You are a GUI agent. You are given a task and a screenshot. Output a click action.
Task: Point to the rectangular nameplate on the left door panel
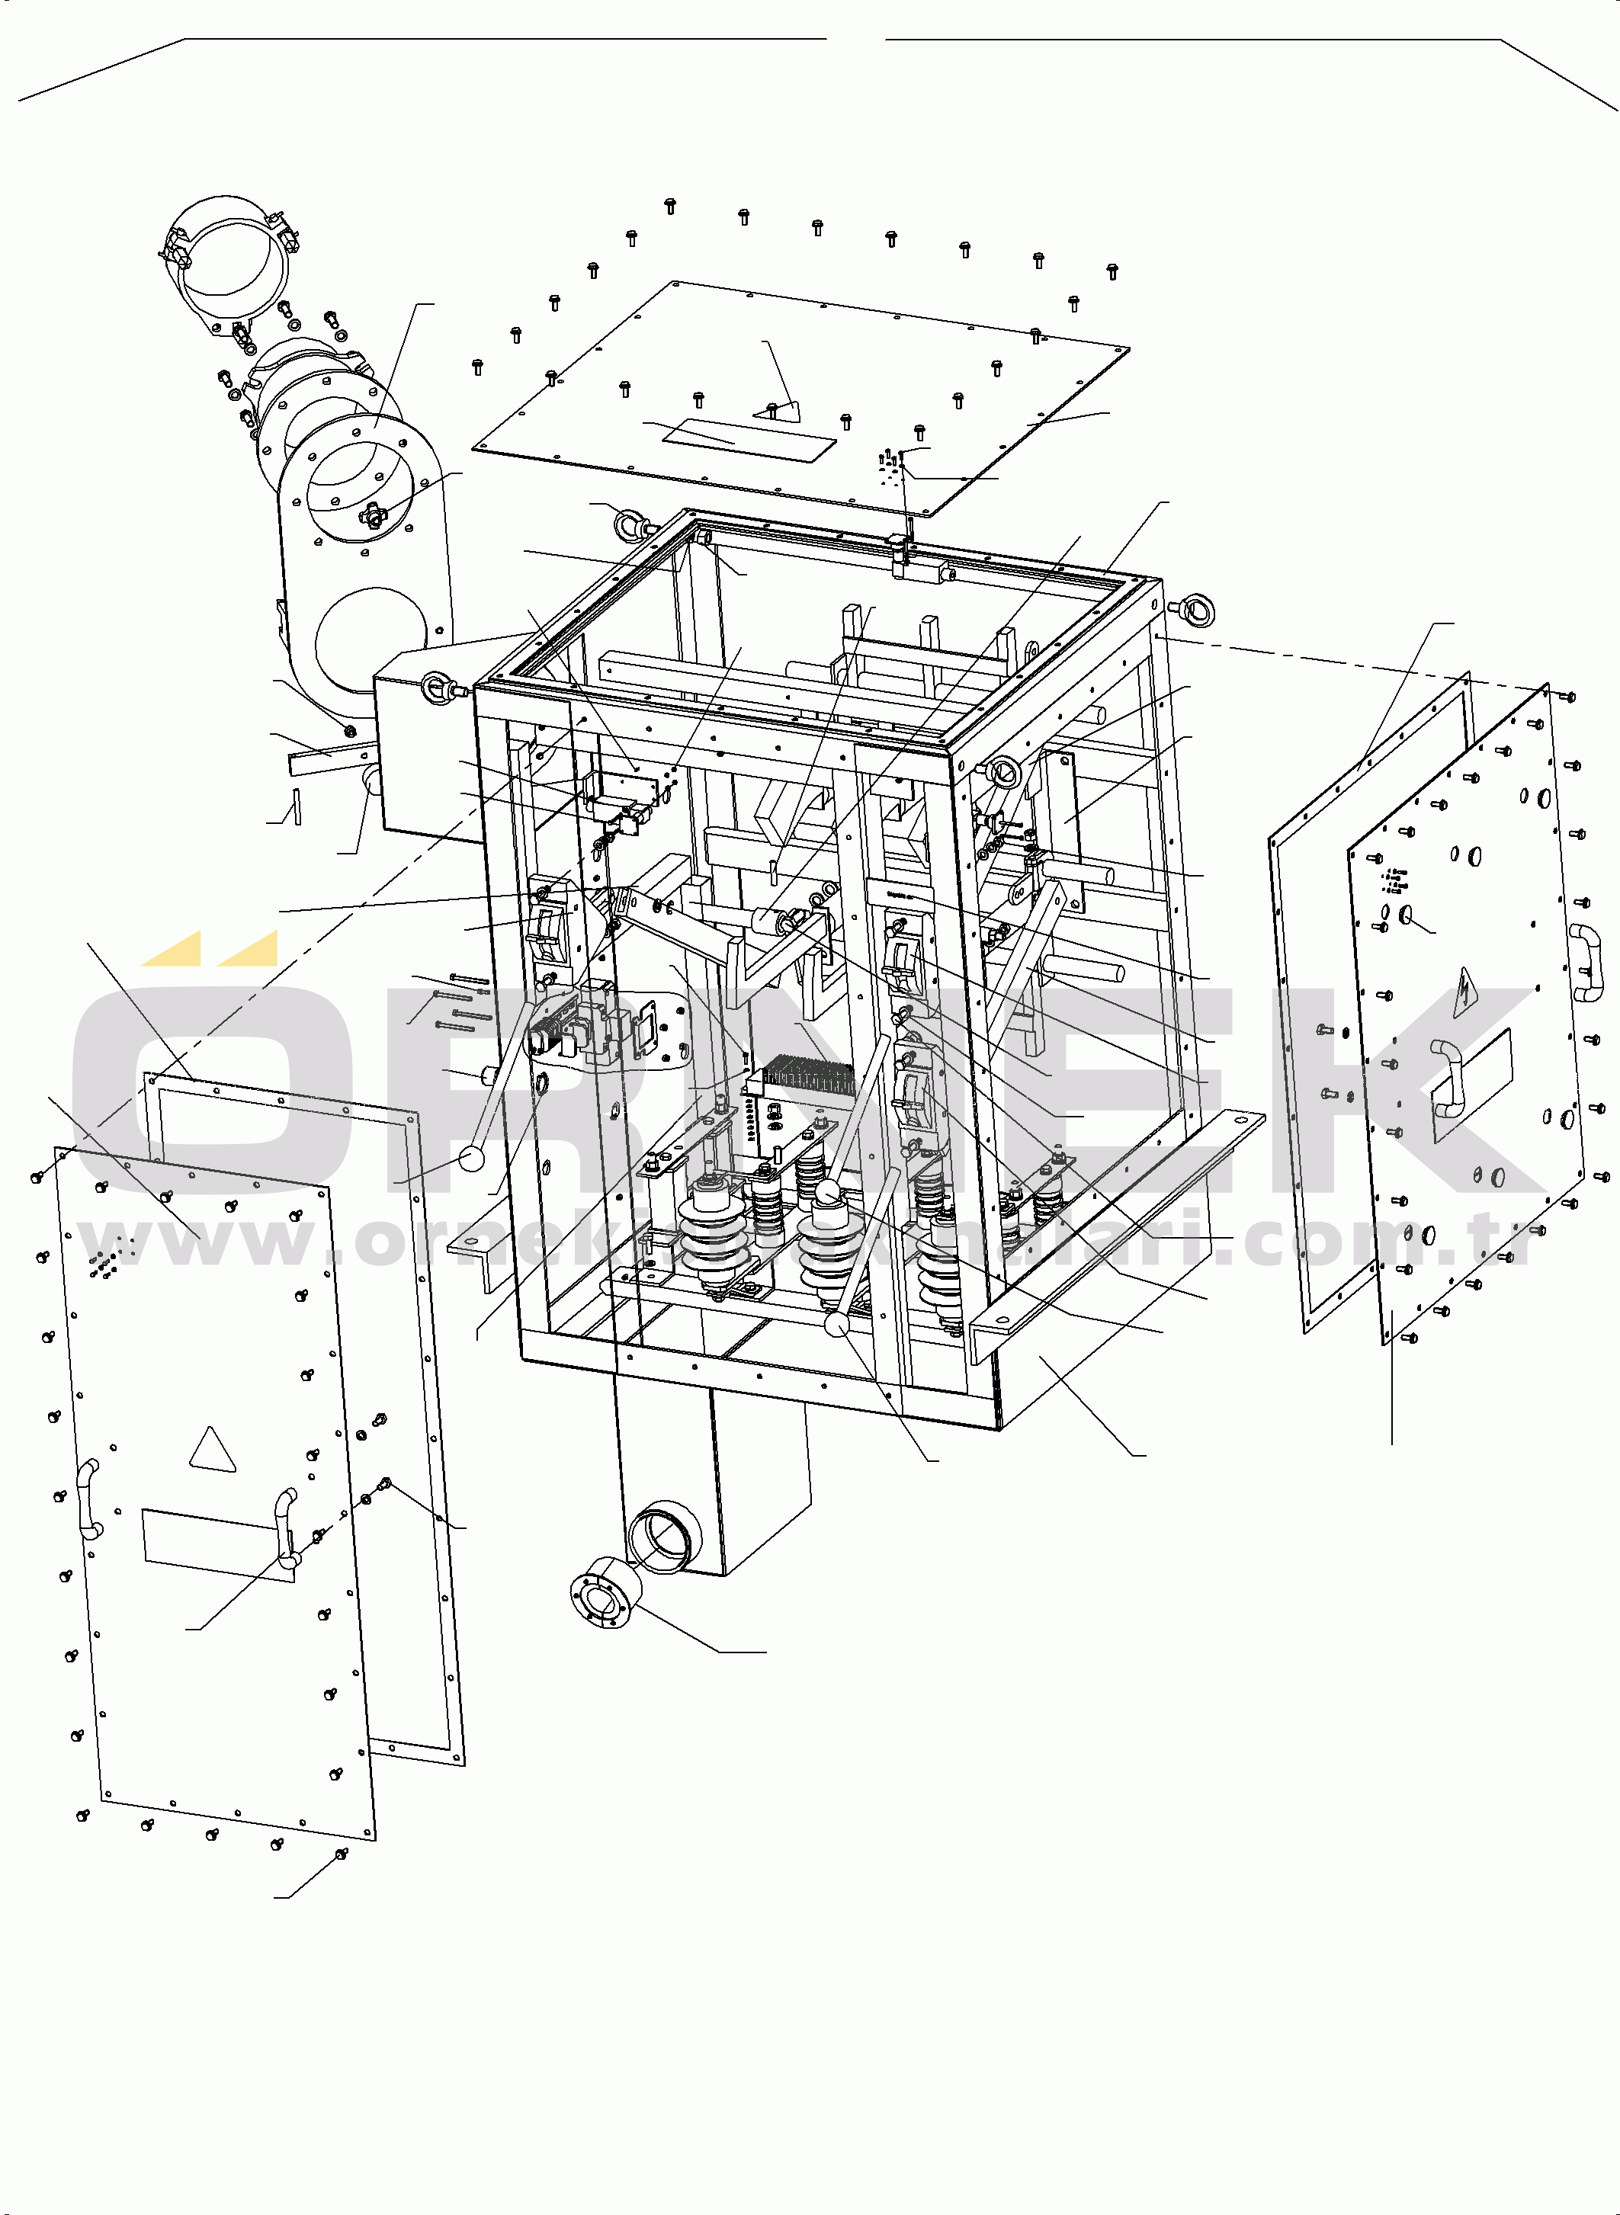[218, 1544]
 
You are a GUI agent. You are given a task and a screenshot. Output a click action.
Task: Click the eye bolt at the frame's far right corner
[1196, 611]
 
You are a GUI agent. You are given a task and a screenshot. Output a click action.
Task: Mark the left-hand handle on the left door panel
[88, 1499]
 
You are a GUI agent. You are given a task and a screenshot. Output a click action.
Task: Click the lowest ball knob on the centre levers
[836, 1325]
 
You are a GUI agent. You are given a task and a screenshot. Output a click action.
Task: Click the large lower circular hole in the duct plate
[373, 637]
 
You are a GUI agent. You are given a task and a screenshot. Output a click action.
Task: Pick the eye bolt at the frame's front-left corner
[435, 689]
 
